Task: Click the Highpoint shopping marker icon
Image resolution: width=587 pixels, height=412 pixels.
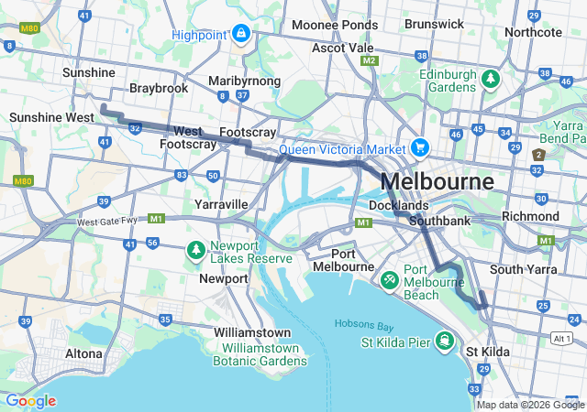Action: [240, 35]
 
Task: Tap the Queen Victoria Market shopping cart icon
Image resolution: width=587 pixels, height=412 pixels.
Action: [420, 146]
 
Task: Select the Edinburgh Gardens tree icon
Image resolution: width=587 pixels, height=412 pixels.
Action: [490, 81]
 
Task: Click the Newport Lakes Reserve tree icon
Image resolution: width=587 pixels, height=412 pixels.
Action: [194, 249]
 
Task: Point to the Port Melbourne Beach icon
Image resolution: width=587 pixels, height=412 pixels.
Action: [389, 276]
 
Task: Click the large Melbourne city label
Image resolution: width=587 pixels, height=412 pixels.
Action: [437, 180]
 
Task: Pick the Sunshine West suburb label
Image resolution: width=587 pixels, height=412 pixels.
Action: [51, 117]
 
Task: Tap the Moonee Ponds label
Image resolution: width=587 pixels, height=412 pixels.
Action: [335, 25]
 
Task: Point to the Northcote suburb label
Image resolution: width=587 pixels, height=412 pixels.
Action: [532, 32]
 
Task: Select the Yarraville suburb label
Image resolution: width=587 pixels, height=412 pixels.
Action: [221, 203]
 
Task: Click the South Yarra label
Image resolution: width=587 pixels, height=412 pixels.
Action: [519, 269]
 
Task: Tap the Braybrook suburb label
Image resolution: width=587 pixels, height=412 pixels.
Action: [158, 88]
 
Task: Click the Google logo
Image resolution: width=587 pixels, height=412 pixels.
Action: [30, 400]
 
